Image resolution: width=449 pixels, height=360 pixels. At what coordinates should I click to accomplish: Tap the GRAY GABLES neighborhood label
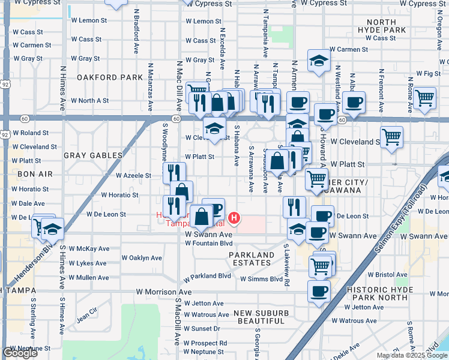click(93, 155)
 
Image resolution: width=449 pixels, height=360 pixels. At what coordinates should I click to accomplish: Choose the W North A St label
click(90, 101)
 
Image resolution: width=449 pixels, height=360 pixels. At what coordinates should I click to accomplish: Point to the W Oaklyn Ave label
click(142, 258)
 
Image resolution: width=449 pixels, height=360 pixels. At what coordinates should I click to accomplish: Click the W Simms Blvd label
click(261, 279)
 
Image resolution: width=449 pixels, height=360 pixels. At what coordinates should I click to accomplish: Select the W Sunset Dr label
click(202, 329)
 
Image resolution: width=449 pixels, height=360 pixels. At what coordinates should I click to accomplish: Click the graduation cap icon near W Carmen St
click(319, 60)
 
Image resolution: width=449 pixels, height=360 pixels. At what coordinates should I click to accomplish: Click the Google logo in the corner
click(20, 353)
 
